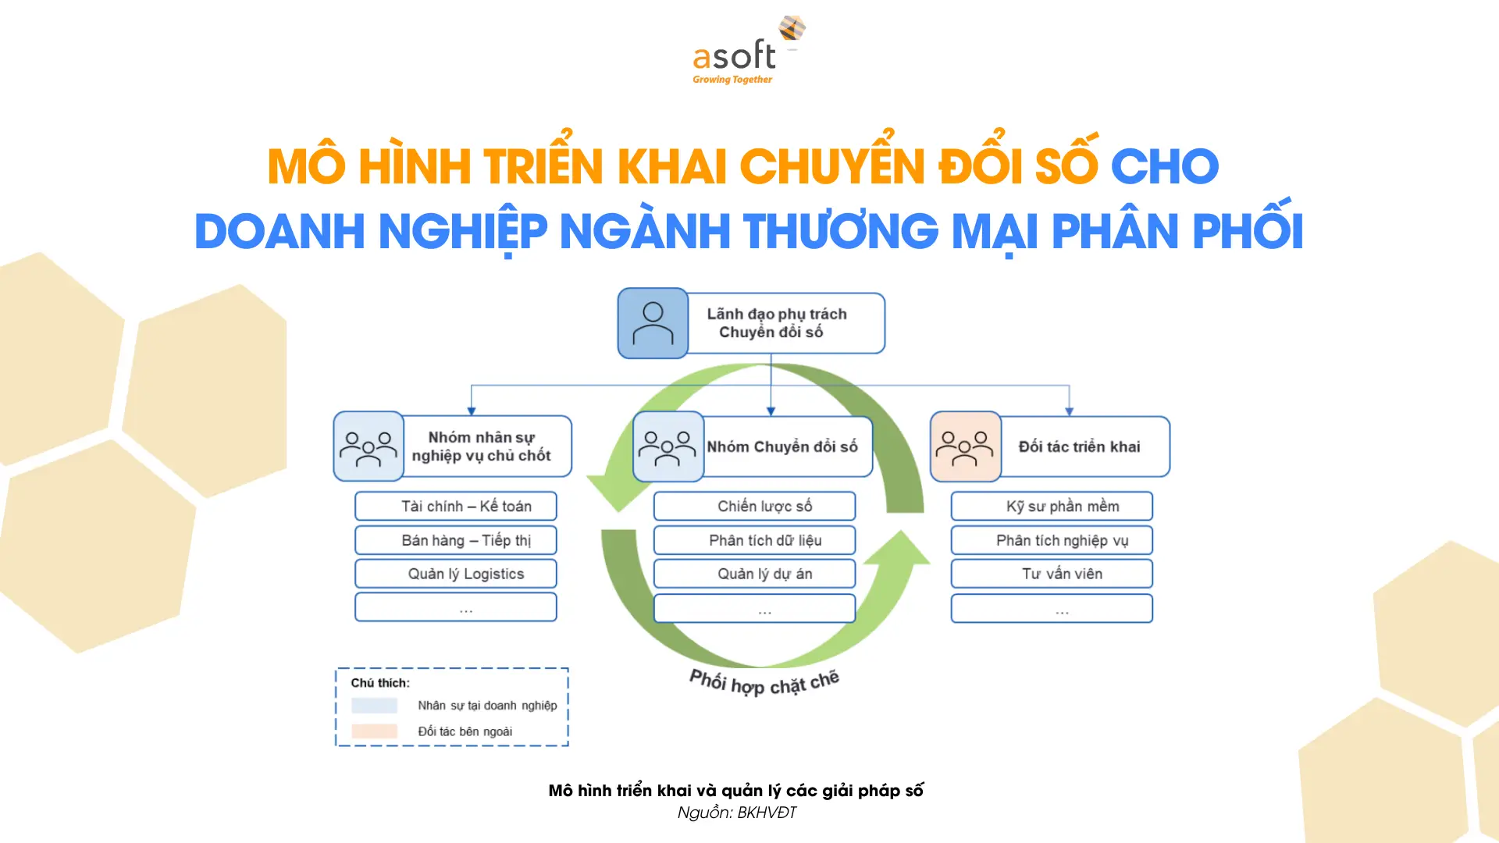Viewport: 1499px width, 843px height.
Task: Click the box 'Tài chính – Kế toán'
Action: click(456, 506)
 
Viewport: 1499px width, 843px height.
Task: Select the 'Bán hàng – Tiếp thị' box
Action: click(456, 540)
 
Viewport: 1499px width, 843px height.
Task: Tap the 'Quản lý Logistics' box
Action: click(456, 574)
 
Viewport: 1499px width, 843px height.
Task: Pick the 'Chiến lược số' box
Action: click(754, 506)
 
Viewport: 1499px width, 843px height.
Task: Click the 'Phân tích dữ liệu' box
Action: click(754, 540)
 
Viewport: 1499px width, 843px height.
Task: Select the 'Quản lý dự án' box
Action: click(754, 574)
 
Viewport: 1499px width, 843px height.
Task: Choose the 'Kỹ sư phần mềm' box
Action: click(1052, 506)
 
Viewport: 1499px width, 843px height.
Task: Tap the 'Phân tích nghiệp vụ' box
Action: click(1052, 540)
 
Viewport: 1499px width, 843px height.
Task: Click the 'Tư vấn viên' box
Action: click(1052, 574)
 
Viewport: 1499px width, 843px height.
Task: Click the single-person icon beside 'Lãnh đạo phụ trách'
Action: click(653, 323)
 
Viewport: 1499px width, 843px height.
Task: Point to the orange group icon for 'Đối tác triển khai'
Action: click(966, 446)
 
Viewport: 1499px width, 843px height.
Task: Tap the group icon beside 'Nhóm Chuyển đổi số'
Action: click(668, 446)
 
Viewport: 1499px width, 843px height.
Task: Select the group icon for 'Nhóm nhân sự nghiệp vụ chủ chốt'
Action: click(369, 446)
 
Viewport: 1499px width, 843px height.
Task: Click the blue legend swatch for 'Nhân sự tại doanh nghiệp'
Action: click(374, 706)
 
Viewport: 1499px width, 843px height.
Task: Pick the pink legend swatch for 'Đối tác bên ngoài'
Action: click(374, 731)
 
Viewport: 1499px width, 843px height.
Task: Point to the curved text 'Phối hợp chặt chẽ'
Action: click(764, 682)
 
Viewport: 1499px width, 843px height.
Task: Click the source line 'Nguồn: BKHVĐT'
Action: click(737, 813)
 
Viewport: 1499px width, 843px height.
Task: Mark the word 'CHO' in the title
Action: click(1164, 166)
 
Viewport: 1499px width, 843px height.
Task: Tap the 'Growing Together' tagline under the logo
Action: click(732, 80)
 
